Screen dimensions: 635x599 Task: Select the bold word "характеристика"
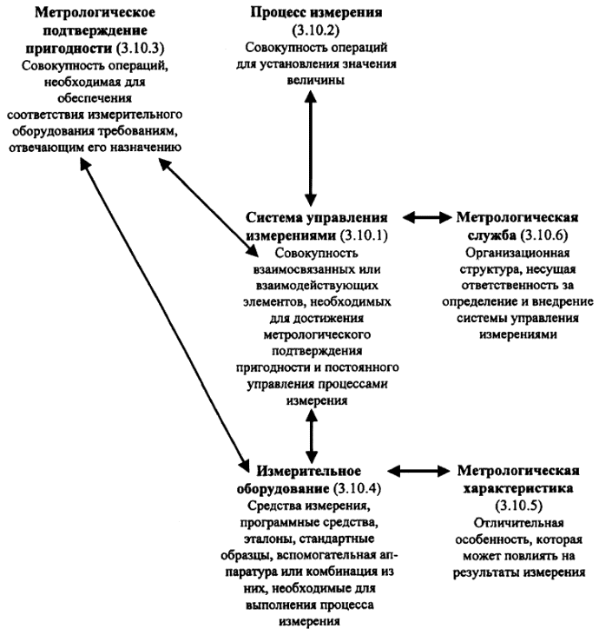coord(519,487)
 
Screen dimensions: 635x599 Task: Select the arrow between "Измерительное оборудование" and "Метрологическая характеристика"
coord(423,471)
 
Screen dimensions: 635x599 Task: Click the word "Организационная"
coord(519,253)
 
